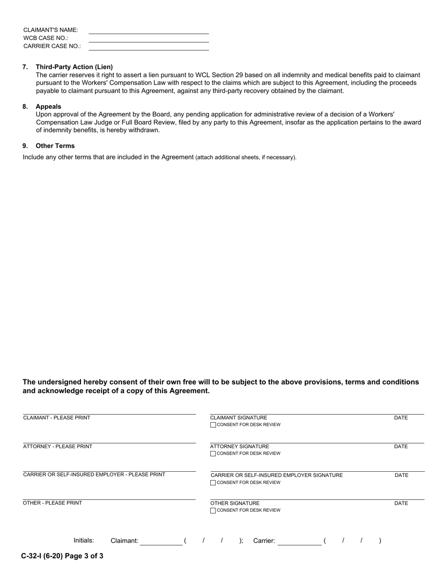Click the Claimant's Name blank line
point(148,31)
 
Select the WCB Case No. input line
point(148,39)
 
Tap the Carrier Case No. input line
point(148,47)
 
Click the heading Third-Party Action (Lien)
point(74,67)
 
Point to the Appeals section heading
point(48,106)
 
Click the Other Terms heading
point(55,146)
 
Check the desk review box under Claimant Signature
point(213,425)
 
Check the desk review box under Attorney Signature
point(213,454)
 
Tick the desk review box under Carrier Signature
point(213,482)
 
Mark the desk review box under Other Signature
point(213,510)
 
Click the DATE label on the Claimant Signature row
point(400,418)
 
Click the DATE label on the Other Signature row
point(401,503)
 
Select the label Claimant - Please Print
point(56,418)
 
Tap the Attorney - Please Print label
point(57,447)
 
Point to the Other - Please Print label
point(52,503)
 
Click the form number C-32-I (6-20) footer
point(62,556)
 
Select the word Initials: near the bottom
point(84,540)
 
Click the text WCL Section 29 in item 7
point(215,75)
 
